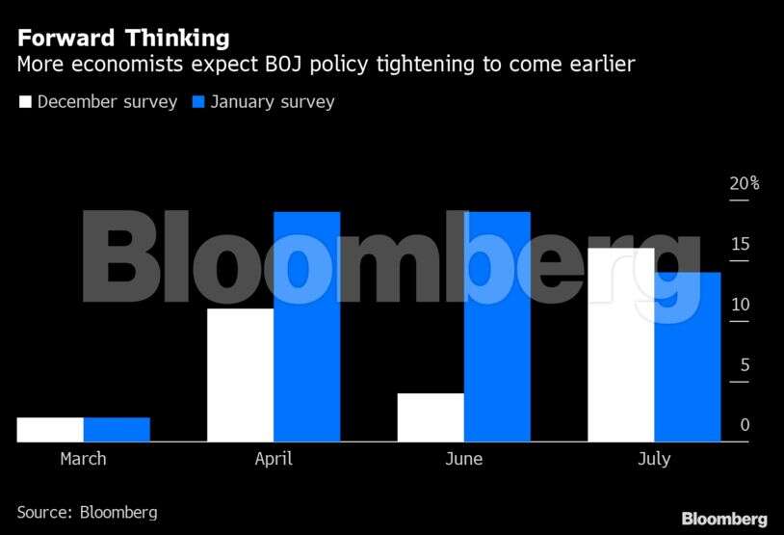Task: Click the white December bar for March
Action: pos(50,429)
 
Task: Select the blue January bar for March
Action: pos(117,429)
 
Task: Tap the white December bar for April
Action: pos(240,375)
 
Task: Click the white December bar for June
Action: pos(431,417)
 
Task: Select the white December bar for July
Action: pos(621,344)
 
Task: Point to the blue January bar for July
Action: pos(688,357)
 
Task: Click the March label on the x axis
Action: pos(83,459)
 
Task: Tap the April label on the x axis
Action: pos(274,459)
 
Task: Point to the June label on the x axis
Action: pos(464,459)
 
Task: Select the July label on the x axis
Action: pos(654,459)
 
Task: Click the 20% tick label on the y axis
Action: pos(744,183)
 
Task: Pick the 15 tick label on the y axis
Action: pos(740,244)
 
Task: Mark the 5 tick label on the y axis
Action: pos(744,365)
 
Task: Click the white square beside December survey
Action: pos(25,101)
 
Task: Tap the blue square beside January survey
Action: pos(200,101)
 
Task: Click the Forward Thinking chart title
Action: pos(123,39)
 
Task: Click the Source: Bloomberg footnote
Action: pos(87,512)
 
